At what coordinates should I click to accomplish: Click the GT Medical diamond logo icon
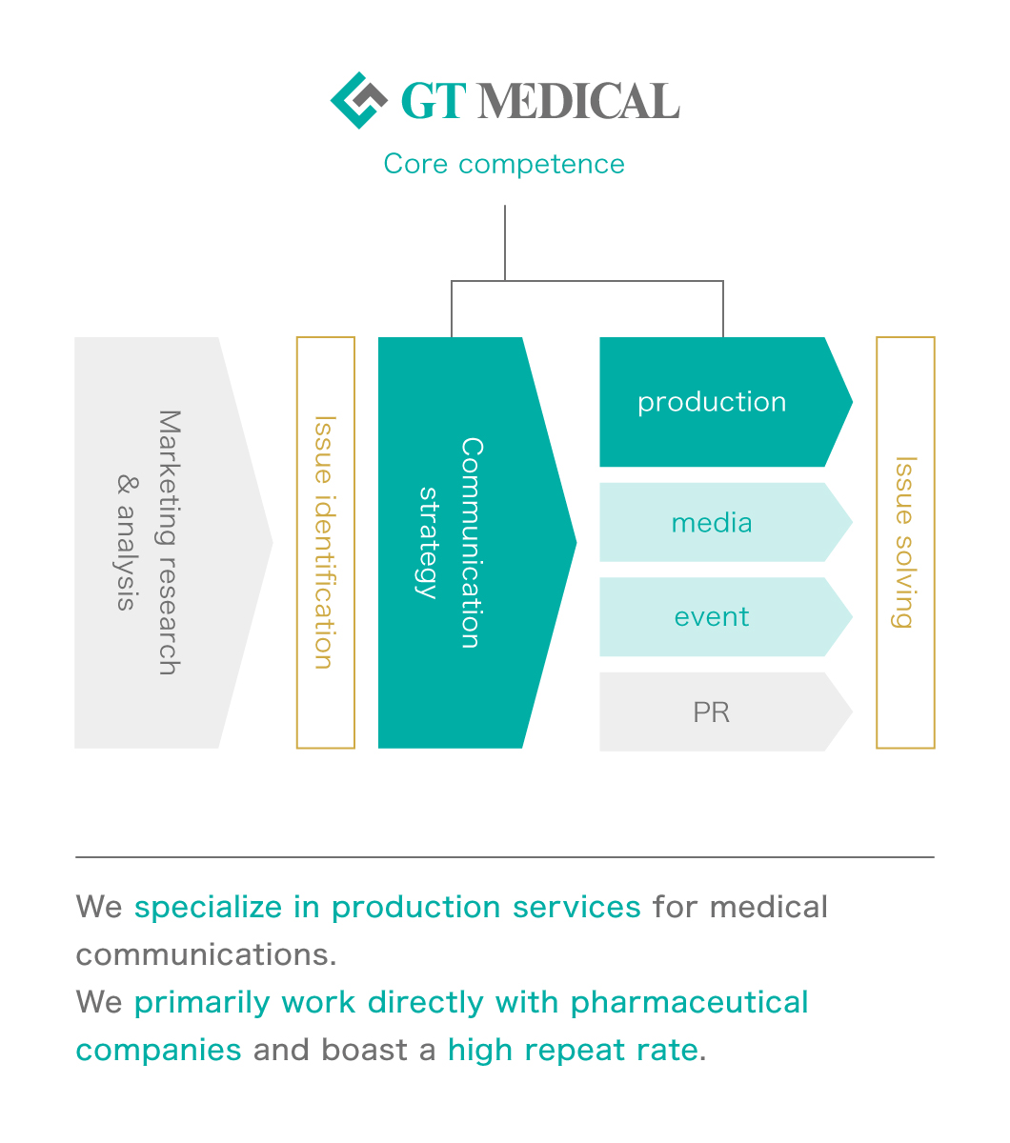point(358,100)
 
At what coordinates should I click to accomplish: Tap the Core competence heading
point(504,164)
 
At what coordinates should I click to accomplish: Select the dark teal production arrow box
point(713,402)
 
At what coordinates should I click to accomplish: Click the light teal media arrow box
point(713,522)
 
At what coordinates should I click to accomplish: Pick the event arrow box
point(713,617)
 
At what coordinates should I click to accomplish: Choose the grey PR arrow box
point(713,712)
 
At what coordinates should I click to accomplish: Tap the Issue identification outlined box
point(326,543)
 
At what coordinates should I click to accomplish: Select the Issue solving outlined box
point(905,543)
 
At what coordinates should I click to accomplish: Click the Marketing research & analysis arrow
point(157,543)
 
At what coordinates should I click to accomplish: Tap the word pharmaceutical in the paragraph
point(689,1002)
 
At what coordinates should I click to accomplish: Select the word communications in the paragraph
point(205,954)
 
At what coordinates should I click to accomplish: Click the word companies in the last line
point(158,1050)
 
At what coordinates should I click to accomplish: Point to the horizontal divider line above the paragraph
point(504,857)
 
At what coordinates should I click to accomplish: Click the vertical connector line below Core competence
point(505,243)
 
